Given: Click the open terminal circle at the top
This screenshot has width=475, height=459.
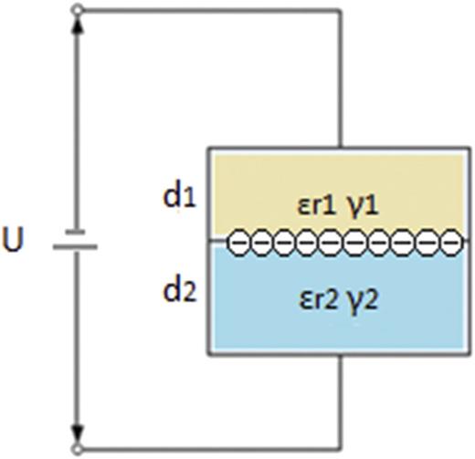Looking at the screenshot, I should click(78, 10).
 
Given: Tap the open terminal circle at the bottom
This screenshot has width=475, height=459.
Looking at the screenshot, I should click(78, 448).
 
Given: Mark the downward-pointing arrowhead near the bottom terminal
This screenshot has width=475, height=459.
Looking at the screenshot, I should click(78, 432).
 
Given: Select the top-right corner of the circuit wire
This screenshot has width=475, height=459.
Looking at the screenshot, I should click(341, 10).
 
